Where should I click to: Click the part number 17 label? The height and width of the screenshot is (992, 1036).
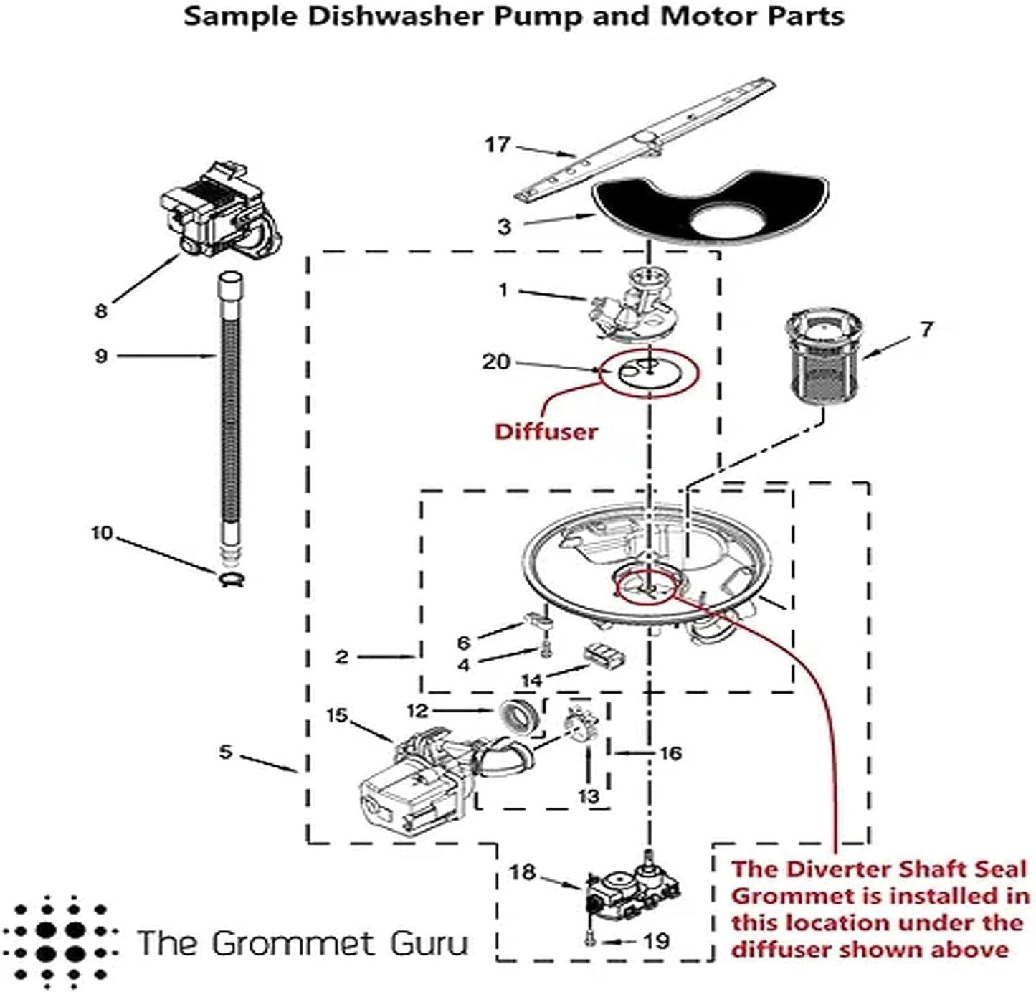point(497,145)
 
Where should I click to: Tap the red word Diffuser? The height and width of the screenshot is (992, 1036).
point(546,431)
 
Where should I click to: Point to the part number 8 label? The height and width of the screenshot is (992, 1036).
point(100,311)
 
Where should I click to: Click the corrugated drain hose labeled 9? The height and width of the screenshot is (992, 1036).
point(229,416)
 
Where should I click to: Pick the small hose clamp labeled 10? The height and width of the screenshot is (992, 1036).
point(230,579)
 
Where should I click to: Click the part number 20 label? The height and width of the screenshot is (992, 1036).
point(495,362)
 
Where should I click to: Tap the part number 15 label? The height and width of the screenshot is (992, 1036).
point(336,715)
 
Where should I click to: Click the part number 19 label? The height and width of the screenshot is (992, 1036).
point(656,940)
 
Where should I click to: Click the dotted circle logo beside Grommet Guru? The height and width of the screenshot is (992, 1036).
point(57,940)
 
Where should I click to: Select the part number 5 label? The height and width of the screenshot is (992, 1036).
point(226,752)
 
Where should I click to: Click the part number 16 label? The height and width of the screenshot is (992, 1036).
point(670,753)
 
